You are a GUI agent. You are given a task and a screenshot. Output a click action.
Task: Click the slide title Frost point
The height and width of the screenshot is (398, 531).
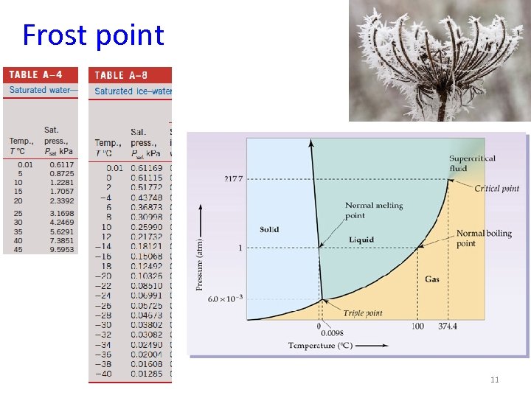pos(93,35)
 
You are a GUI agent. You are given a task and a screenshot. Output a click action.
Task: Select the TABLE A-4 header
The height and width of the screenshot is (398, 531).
pos(35,74)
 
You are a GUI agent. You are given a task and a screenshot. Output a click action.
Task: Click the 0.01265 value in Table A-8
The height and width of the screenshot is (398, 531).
pos(147,374)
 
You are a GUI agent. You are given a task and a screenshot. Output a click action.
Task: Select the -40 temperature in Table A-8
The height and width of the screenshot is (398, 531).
pos(106,374)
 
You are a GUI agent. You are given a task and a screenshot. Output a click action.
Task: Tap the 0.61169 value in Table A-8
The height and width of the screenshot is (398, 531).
pos(147,169)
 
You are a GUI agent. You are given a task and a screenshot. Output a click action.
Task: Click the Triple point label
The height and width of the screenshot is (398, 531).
pos(363,313)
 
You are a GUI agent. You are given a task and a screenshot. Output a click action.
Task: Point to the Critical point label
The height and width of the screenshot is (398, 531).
pos(496,189)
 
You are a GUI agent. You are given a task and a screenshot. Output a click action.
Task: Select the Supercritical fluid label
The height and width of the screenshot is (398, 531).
pos(472,163)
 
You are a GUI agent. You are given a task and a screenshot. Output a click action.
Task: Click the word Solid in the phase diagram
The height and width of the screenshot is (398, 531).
pos(269,229)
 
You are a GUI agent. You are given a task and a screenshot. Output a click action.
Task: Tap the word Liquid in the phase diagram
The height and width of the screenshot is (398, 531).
pos(361,240)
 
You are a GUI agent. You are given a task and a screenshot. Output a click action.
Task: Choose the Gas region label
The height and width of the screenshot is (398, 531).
pos(432,279)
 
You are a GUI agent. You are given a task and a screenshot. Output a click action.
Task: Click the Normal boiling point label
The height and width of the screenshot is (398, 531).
pos(483,238)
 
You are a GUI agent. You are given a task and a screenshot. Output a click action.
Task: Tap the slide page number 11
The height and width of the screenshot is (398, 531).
pos(494,380)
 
